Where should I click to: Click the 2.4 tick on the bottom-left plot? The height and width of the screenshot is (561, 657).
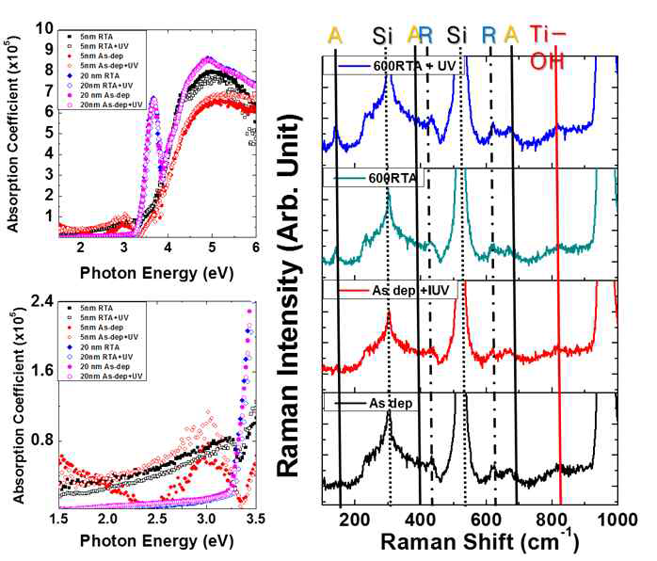click(42, 301)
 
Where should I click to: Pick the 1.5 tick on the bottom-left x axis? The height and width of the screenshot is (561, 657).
click(60, 519)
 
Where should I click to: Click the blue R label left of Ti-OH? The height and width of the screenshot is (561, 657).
click(489, 35)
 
